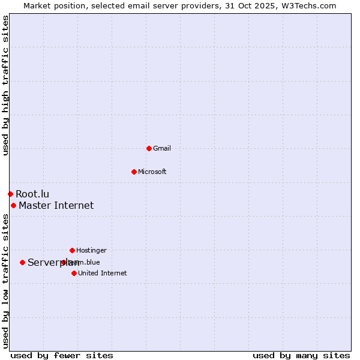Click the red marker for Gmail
click(149, 148)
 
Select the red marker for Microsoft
click(134, 172)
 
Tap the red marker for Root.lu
click(10, 194)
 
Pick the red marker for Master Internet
click(13, 205)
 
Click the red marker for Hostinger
click(72, 250)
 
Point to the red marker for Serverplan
click(22, 262)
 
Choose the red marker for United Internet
click(74, 273)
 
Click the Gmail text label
click(162, 148)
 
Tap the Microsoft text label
click(152, 172)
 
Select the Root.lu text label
click(32, 194)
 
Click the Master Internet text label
click(56, 205)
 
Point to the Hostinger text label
click(91, 250)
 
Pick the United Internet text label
click(102, 273)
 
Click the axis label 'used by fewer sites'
click(62, 355)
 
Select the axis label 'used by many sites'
click(301, 355)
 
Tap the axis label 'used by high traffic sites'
click(5, 85)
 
